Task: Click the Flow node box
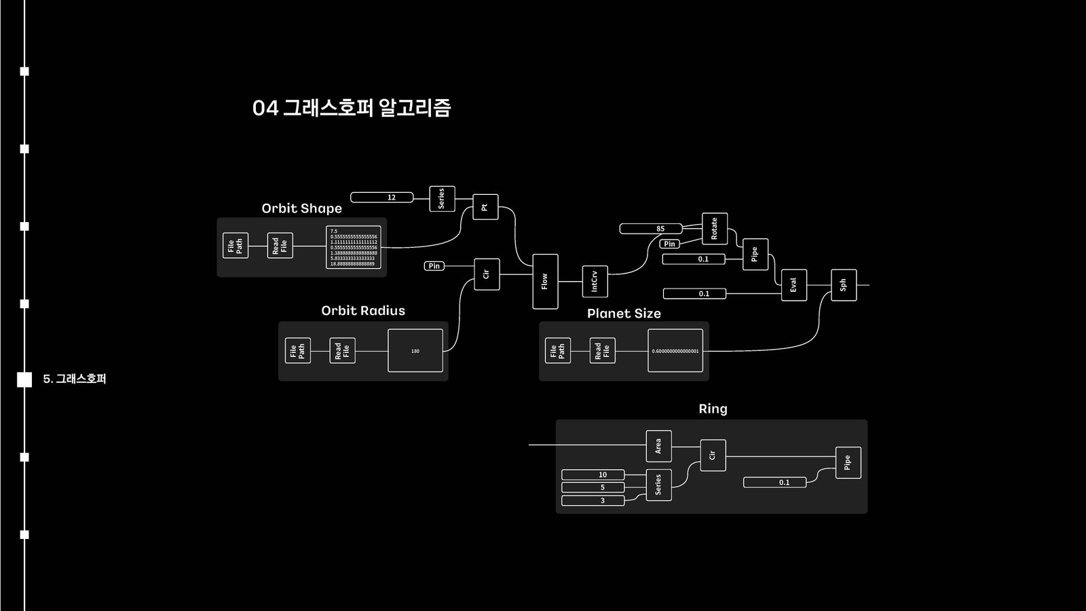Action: [545, 281]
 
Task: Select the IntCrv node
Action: [595, 281]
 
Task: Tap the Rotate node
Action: [714, 228]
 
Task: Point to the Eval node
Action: [793, 285]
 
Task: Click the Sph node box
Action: [843, 285]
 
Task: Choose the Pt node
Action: [485, 207]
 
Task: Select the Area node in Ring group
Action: [658, 446]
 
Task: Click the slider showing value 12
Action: [382, 198]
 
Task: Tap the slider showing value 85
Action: [650, 229]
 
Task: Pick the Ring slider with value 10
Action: [593, 475]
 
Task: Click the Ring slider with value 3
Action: [593, 500]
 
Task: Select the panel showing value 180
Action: [415, 351]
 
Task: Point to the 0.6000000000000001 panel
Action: [675, 351]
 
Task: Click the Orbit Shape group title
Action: [301, 208]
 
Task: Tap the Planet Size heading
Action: [624, 314]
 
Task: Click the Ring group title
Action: [713, 409]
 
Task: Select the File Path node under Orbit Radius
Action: [297, 350]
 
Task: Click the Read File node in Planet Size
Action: [602, 350]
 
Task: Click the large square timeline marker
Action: [24, 379]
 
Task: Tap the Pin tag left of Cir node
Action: [434, 266]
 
